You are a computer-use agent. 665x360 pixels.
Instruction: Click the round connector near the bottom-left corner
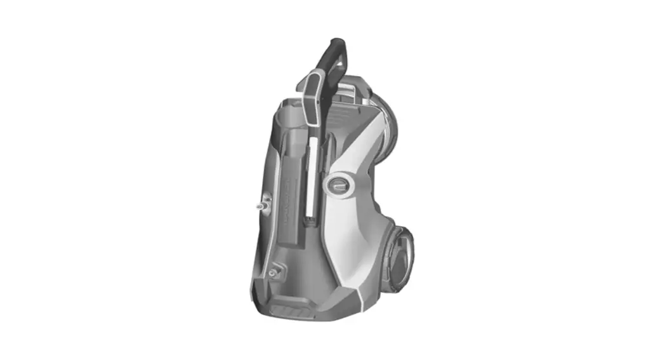pos(273,272)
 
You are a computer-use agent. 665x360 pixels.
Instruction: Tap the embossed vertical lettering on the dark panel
pos(286,200)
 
